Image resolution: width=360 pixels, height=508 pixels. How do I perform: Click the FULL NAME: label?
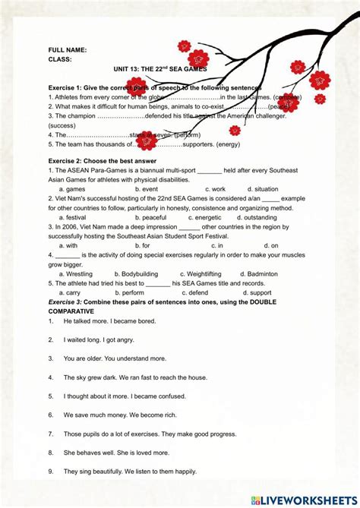tap(68, 50)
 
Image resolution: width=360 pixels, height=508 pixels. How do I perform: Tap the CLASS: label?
tap(60, 59)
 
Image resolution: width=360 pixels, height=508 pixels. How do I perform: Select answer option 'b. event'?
tap(143, 189)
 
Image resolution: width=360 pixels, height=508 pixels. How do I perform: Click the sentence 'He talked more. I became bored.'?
tap(109, 321)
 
